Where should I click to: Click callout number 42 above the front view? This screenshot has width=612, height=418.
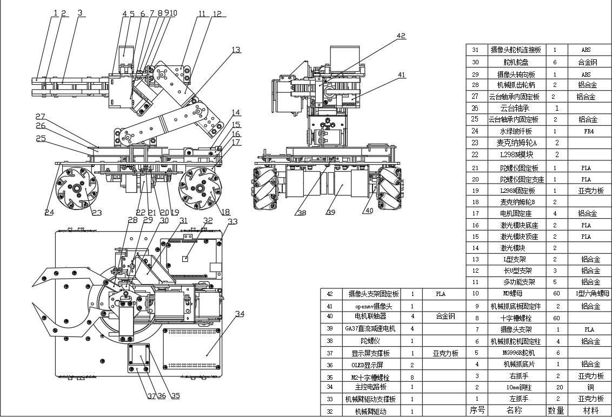[x=400, y=36]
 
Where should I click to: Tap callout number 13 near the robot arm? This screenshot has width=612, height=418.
[x=236, y=50]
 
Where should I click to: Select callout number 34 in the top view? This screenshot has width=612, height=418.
[x=240, y=313]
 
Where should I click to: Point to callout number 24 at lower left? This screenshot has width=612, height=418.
[x=49, y=212]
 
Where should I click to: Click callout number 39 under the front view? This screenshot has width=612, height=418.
[x=330, y=213]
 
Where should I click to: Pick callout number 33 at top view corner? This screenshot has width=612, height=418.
[x=232, y=221]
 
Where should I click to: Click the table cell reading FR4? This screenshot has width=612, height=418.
[x=589, y=131]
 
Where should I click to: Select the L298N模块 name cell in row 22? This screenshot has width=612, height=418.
[x=514, y=154]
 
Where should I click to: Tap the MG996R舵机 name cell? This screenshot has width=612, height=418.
[x=514, y=353]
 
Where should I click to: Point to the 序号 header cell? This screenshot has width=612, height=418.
[x=476, y=410]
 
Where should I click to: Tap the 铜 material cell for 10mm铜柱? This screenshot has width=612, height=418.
[x=589, y=387]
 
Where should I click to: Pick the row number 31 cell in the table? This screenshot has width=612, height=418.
[x=476, y=50]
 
